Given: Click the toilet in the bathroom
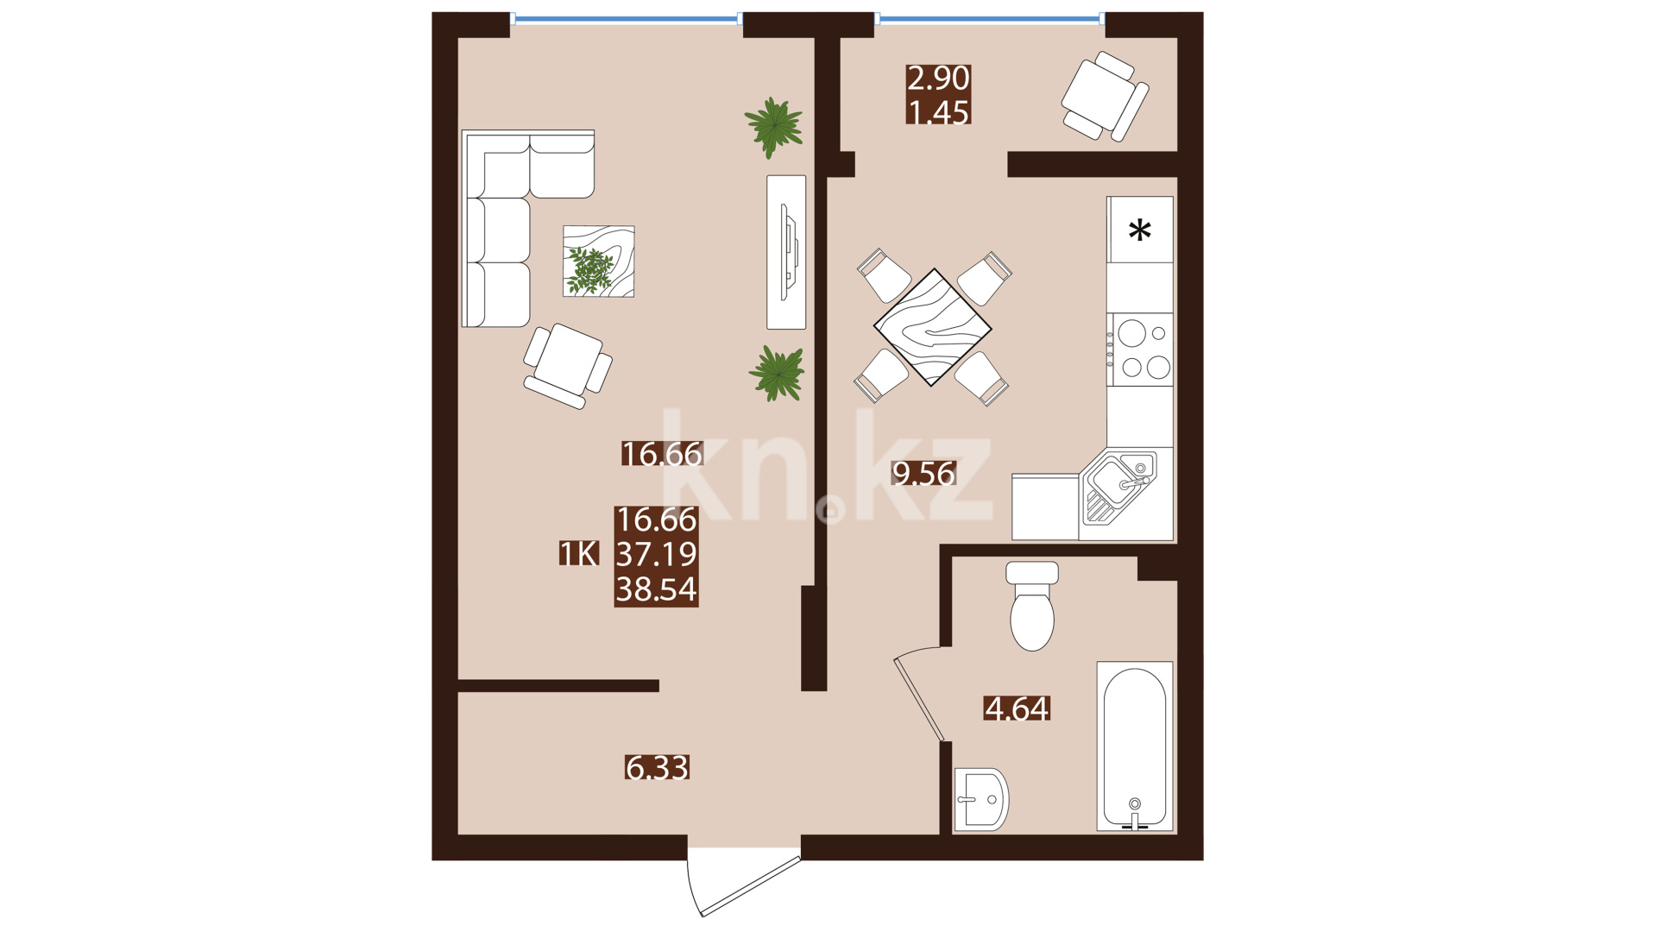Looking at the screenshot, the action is pyautogui.click(x=1032, y=606).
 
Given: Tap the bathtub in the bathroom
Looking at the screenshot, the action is pyautogui.click(x=1135, y=746).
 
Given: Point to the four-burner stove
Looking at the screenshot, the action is pyautogui.click(x=1140, y=349).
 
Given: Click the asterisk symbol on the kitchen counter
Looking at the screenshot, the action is pyautogui.click(x=1140, y=230).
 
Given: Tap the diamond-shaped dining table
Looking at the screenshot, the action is pyautogui.click(x=932, y=327).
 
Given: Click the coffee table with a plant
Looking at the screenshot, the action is pyautogui.click(x=599, y=261).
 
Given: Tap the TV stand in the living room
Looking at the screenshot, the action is pyautogui.click(x=786, y=252).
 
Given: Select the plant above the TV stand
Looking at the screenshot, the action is pyautogui.click(x=774, y=127).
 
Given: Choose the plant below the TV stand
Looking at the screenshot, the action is pyautogui.click(x=777, y=374).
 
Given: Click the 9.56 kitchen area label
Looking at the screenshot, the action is pyautogui.click(x=923, y=473).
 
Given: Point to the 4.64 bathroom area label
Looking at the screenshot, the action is pyautogui.click(x=1017, y=708).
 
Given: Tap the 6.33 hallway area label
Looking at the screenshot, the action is pyautogui.click(x=657, y=767).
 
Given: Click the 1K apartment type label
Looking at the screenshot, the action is pyautogui.click(x=578, y=553).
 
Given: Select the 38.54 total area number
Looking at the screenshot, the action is pyautogui.click(x=656, y=589).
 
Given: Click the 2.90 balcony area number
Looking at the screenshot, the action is pyautogui.click(x=938, y=78).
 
